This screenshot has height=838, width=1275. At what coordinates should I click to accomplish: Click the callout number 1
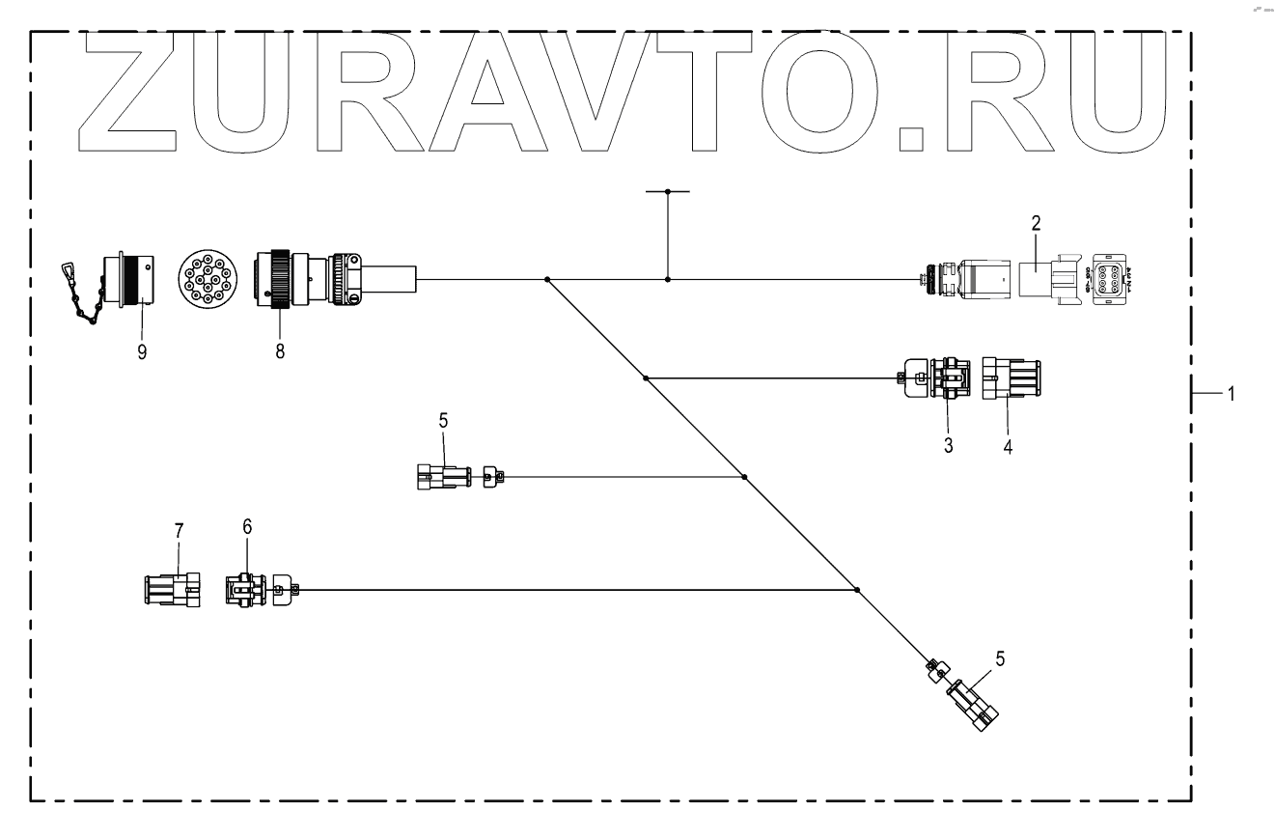click(x=1230, y=394)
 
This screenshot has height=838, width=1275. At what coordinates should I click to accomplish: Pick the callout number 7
click(x=178, y=532)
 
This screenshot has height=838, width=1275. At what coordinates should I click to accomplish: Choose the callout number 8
click(x=281, y=351)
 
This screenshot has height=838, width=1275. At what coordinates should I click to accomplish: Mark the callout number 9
click(x=142, y=352)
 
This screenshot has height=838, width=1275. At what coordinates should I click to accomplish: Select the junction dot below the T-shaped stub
click(x=668, y=280)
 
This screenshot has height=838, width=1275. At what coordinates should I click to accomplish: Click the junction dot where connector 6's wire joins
click(x=857, y=590)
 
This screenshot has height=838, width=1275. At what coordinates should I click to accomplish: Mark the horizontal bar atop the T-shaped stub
click(x=668, y=191)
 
